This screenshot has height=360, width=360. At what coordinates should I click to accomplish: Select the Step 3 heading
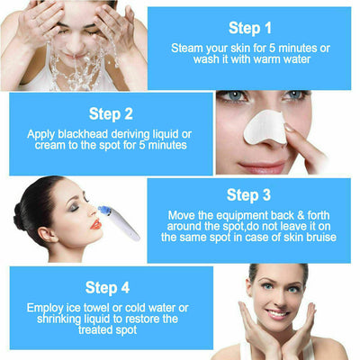pos(248,194)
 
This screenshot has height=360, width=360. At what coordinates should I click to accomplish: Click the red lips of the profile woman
pos(95,223)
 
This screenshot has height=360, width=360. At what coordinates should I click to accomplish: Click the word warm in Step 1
pos(269,59)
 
